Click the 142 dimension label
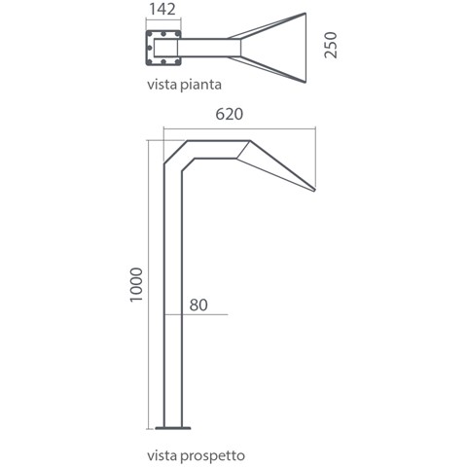(x=162, y=9)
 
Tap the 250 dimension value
(x=331, y=45)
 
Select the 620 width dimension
(x=230, y=114)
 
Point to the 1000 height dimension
(x=136, y=285)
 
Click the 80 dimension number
(x=198, y=305)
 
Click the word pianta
(x=200, y=85)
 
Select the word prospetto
(x=212, y=456)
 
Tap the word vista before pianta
(x=162, y=85)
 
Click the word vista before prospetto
(x=162, y=455)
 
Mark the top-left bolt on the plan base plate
(x=150, y=34)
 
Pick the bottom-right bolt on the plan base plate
(x=177, y=61)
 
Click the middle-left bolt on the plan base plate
(x=150, y=48)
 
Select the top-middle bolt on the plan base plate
(x=163, y=34)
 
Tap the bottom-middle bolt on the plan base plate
(x=163, y=61)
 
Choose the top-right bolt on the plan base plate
(x=177, y=34)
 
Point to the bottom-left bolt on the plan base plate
(x=150, y=61)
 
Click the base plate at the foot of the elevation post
(x=173, y=428)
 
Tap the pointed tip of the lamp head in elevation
(x=314, y=190)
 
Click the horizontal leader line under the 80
(x=197, y=314)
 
